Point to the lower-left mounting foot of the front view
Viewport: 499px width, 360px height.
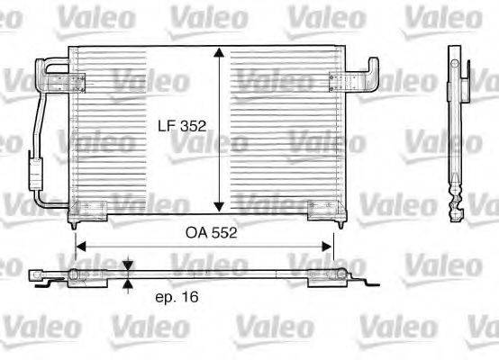click(88, 211)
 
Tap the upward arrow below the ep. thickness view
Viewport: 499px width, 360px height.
click(128, 286)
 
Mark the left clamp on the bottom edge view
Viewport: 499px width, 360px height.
click(81, 275)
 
